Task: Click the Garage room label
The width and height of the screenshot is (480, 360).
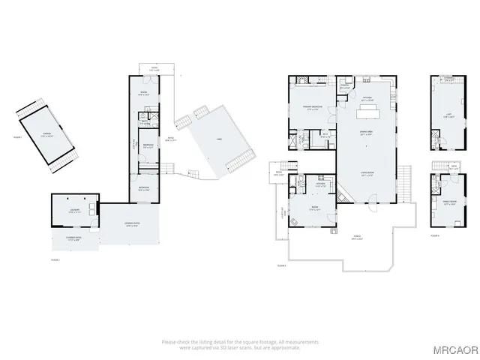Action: click(x=46, y=133)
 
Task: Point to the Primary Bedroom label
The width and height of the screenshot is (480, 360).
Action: click(x=313, y=107)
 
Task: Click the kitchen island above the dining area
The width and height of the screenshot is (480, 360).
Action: click(x=368, y=112)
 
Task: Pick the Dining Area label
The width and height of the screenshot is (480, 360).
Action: click(x=367, y=132)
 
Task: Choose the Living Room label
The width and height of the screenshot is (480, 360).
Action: click(x=367, y=173)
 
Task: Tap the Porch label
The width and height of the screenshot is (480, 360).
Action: click(x=358, y=238)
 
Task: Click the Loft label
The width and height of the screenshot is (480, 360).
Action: click(x=448, y=115)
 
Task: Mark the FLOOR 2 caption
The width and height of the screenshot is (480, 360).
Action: click(x=54, y=259)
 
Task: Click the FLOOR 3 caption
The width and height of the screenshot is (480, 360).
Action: click(x=281, y=265)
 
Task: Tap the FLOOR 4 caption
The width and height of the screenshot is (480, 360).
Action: click(x=434, y=235)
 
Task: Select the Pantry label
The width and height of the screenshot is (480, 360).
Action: click(x=345, y=85)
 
